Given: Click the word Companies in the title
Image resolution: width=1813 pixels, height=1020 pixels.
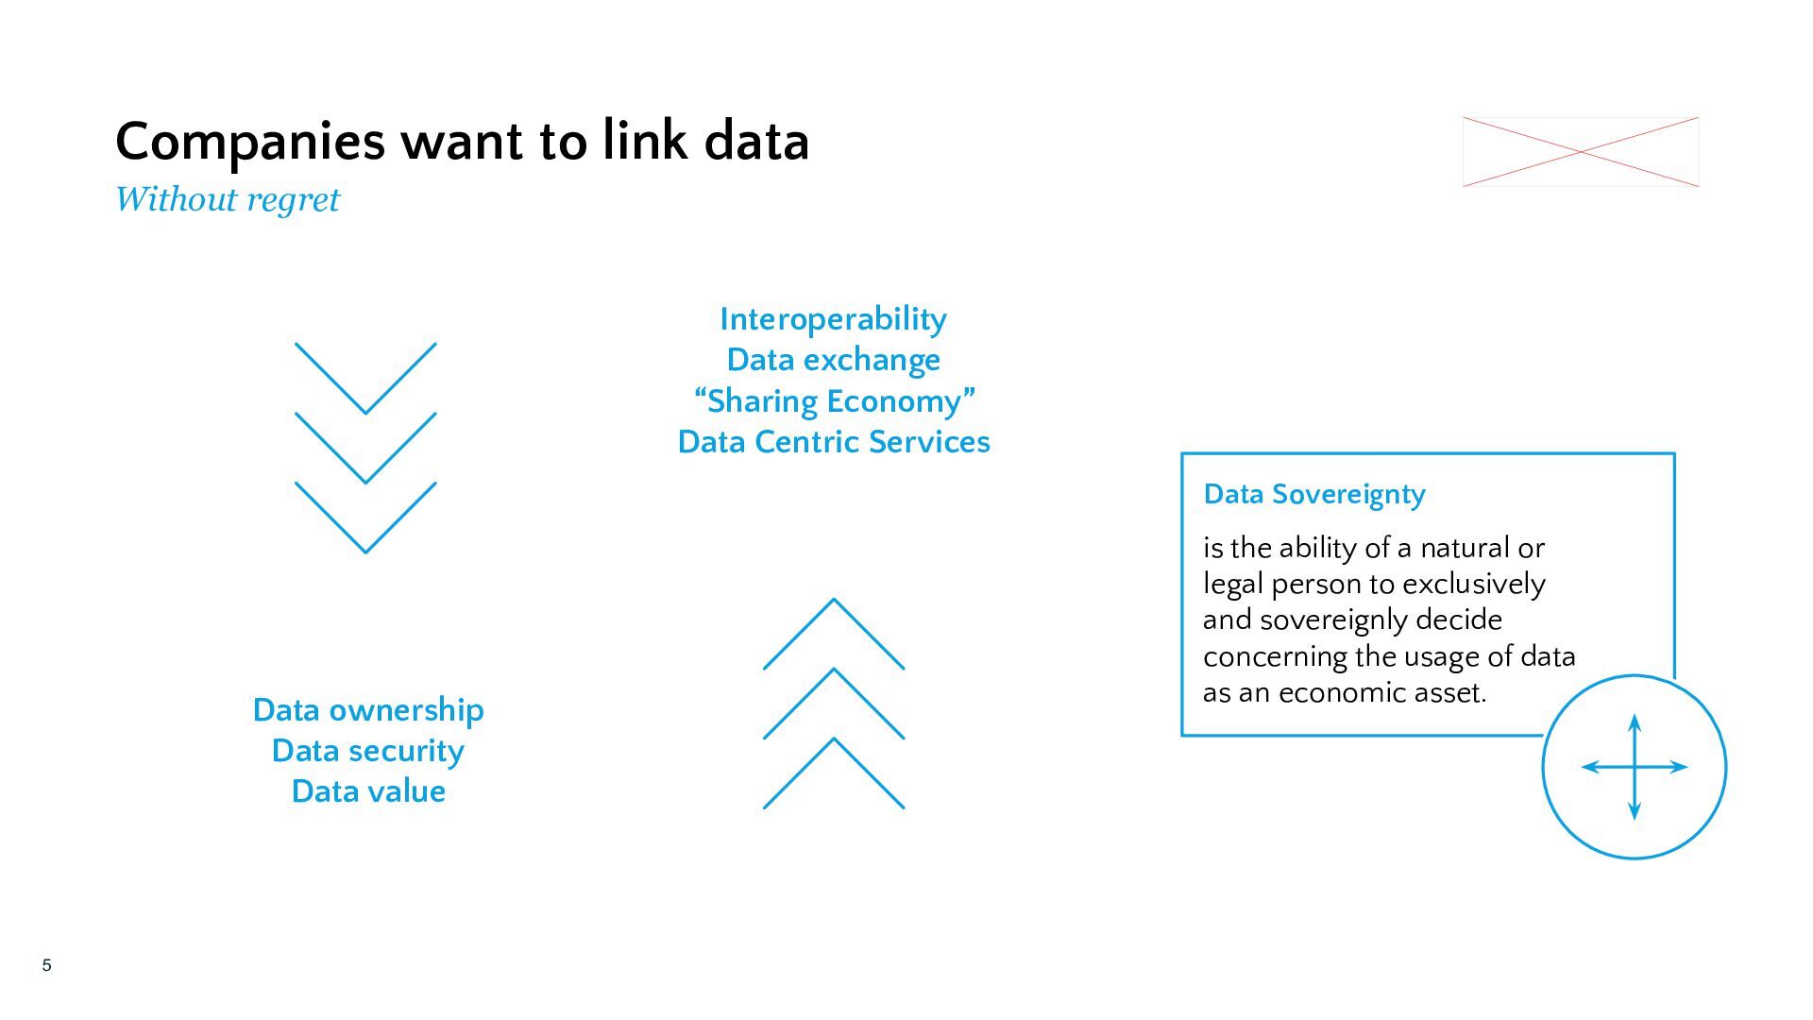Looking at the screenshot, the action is [x=250, y=143].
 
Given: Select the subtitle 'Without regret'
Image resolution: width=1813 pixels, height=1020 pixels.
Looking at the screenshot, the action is [x=227, y=199].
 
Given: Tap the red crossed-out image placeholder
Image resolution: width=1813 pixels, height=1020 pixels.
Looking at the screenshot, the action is [x=1581, y=152].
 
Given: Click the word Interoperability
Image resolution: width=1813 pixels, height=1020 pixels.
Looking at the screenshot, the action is [x=833, y=319].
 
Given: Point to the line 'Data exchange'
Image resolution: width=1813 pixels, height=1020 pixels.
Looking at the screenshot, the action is [x=833, y=360].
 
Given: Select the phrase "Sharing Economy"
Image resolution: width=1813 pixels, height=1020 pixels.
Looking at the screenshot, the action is [x=834, y=400].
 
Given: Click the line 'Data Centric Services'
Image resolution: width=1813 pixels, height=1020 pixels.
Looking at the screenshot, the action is [x=834, y=441].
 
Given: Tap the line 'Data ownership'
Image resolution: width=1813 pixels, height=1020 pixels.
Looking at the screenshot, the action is [x=368, y=710].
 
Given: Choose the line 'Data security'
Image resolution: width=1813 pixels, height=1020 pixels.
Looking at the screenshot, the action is [x=368, y=751].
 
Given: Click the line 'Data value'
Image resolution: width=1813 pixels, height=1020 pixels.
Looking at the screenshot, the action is [x=368, y=790].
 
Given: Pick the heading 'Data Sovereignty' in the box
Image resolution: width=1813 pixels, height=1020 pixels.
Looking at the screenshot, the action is [x=1314, y=494].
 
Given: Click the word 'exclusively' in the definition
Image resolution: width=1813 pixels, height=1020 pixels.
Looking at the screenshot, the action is [x=1474, y=585].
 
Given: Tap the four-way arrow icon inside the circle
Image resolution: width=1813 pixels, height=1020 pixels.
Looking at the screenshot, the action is [x=1635, y=767].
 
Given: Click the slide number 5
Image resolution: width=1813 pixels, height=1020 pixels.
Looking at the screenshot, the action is [x=46, y=965].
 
